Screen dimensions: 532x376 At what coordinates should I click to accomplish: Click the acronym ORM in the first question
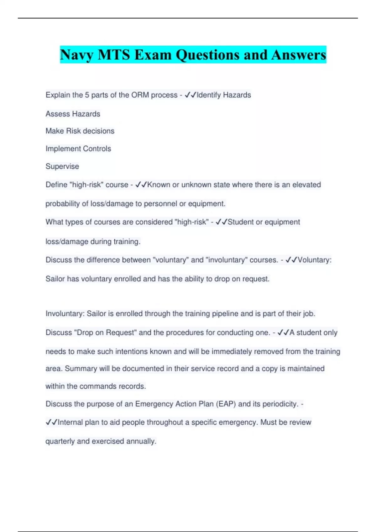click(140, 95)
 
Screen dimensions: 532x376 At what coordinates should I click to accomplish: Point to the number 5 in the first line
click(87, 95)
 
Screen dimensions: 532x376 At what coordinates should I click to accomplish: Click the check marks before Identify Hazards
click(190, 95)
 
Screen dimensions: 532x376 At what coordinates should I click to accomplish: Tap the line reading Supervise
click(62, 166)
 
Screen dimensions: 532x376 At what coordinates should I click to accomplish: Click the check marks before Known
click(141, 185)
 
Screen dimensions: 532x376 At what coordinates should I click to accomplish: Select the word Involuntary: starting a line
click(65, 314)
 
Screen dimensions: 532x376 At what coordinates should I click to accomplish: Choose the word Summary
click(81, 369)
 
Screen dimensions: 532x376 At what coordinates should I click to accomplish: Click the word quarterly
click(60, 441)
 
